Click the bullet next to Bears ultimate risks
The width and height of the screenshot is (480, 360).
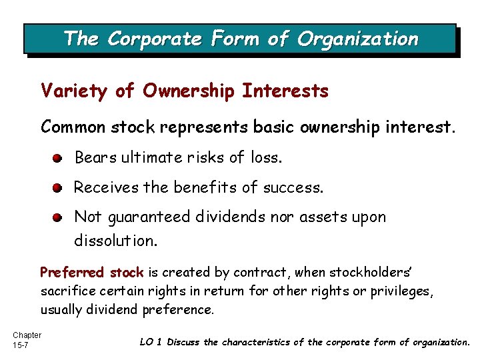(59, 159)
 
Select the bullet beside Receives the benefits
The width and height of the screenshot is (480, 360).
(59, 188)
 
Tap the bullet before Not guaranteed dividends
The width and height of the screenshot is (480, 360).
(59, 217)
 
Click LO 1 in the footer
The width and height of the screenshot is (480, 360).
(151, 342)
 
